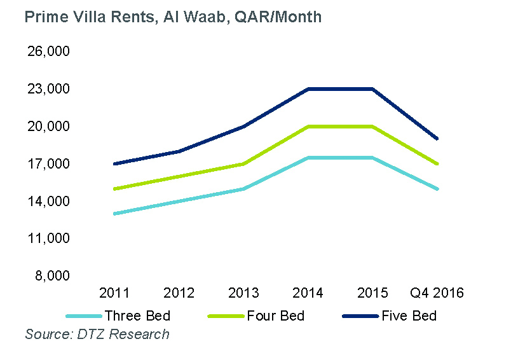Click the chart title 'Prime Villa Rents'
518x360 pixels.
tap(173, 17)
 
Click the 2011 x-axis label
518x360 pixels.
tap(114, 293)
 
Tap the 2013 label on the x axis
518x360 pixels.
tap(243, 293)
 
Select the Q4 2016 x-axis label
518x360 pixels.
tap(437, 293)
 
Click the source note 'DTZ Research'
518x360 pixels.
tap(97, 334)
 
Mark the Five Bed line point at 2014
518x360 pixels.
tap(308, 89)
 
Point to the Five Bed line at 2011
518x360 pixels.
tap(114, 164)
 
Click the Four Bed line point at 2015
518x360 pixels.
tap(372, 127)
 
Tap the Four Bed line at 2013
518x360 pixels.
tap(243, 164)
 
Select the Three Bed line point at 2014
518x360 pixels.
tap(308, 158)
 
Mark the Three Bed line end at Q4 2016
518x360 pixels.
tap(437, 189)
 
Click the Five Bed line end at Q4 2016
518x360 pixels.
tap(437, 139)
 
